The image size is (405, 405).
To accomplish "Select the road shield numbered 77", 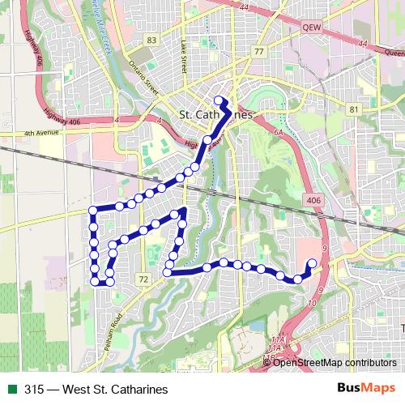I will tap(258, 52).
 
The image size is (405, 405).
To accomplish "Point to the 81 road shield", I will tap(352, 109).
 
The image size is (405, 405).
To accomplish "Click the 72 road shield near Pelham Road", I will tap(143, 279).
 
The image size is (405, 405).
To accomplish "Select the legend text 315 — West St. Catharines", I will tap(89, 390).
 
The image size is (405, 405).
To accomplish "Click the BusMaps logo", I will tap(371, 389).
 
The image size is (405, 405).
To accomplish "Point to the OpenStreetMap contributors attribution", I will tap(335, 362).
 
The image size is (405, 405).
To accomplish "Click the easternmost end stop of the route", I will tap(313, 262).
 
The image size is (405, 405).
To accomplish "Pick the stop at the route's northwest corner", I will tap(92, 211).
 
